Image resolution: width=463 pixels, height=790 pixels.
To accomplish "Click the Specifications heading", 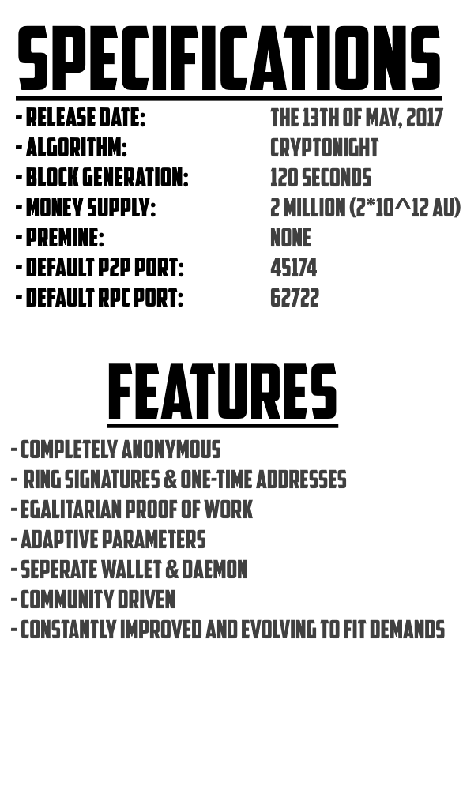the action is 229,58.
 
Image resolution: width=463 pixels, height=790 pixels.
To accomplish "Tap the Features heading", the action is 222,392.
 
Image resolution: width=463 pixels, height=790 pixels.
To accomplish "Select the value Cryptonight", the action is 325,149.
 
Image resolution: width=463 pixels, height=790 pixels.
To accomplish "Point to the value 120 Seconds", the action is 321,178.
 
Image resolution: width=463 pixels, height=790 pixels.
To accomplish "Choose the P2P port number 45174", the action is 294,268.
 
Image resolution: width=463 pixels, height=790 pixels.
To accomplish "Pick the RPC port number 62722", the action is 295,298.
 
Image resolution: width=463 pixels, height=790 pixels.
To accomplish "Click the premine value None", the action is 291,238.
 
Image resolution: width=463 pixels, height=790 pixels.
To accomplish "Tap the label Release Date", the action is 85,118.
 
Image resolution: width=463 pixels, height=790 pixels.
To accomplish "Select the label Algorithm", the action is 76,149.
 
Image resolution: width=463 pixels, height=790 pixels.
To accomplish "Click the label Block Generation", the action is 107,178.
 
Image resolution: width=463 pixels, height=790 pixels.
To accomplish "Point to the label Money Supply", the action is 91,208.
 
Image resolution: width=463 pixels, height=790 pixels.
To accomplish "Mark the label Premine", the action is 65,238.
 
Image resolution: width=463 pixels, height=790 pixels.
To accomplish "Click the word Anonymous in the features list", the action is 171,450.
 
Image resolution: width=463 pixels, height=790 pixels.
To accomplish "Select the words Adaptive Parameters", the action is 113,540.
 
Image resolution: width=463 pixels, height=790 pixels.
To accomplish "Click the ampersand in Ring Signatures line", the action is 171,480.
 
